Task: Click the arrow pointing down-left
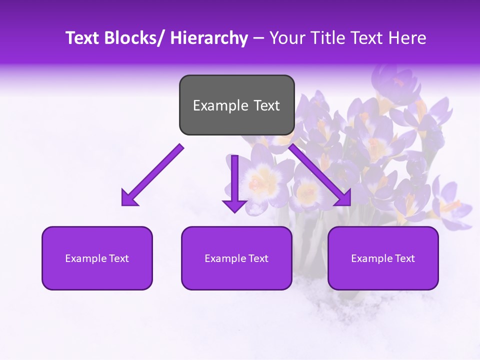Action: pos(152,175)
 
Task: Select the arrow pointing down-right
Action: pos(320,175)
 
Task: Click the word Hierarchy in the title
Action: pos(209,38)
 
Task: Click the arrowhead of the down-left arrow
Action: pos(129,197)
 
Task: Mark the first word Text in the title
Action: pos(82,38)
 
